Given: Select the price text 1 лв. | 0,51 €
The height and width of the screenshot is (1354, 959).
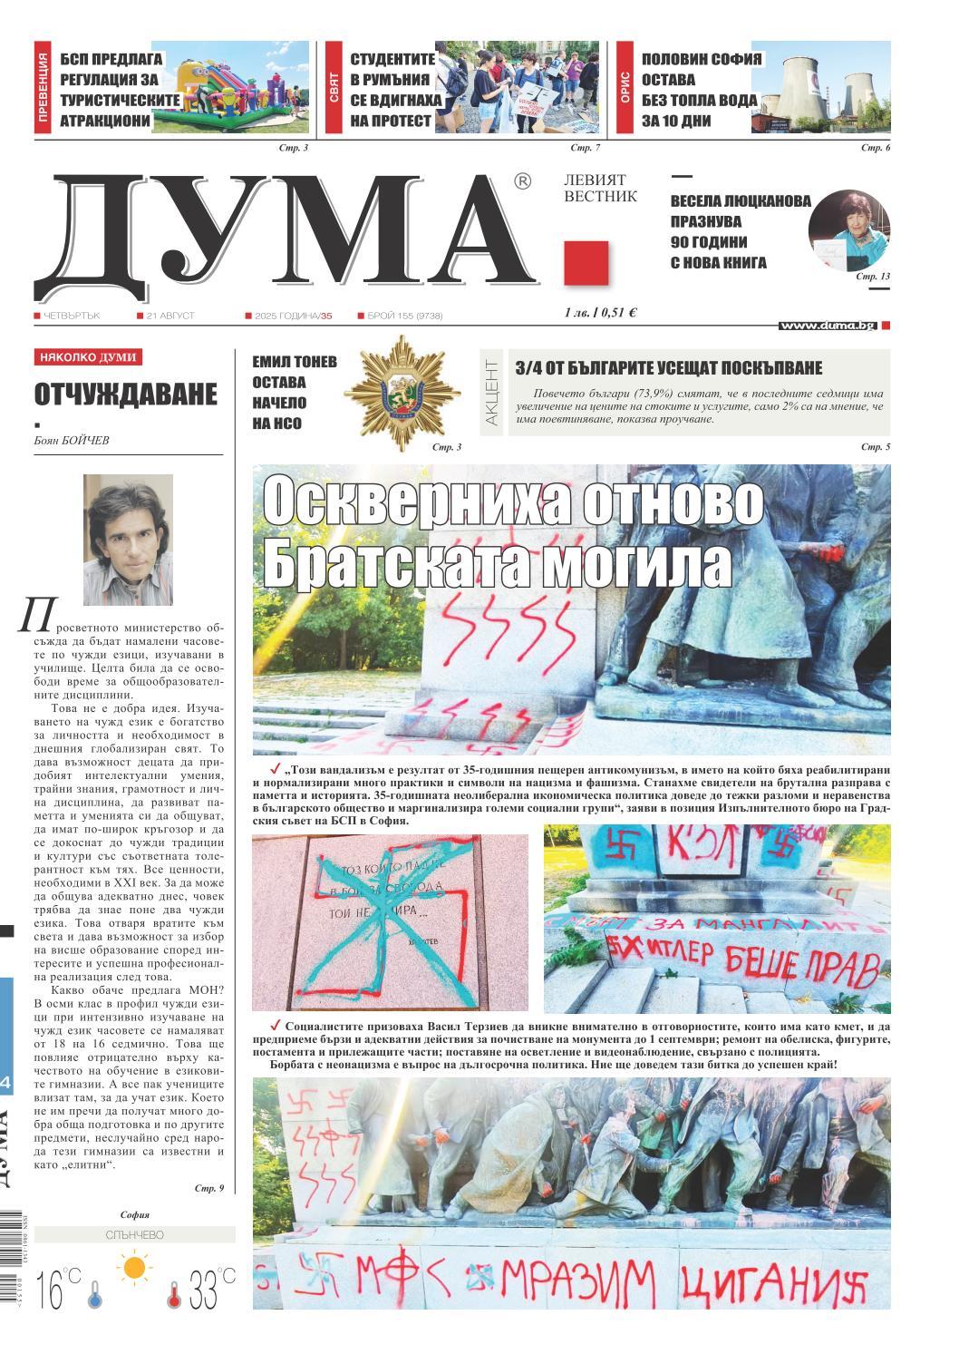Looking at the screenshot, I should pos(599,313).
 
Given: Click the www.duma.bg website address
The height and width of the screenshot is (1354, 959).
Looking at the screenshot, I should pos(827,325).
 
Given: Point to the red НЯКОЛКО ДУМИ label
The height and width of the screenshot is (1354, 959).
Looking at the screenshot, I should pos(89,357).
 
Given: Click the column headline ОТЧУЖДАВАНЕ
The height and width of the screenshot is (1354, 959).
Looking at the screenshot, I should pos(126,395).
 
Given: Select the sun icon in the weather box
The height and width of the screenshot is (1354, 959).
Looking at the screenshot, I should pos(135,1267).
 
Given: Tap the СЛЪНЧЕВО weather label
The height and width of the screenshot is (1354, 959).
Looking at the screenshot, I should pos(134,1235).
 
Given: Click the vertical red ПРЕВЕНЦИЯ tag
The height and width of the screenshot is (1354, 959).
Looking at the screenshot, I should pos(43,88).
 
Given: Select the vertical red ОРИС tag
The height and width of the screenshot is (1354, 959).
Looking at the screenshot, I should pos(625,88).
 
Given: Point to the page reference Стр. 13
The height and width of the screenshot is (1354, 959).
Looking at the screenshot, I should pos(873,276).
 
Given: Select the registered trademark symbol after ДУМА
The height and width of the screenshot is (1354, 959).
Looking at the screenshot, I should pos(522,181).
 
